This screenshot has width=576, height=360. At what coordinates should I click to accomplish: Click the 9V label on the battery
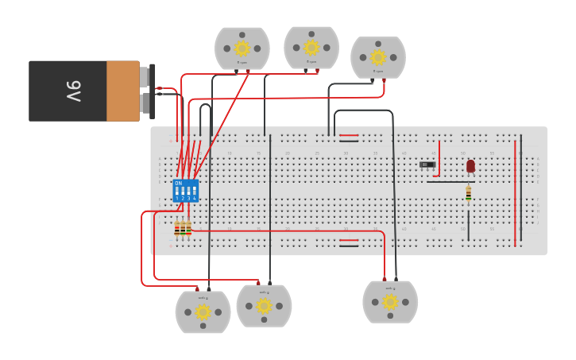click(x=72, y=91)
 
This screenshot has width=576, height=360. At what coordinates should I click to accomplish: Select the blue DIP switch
click(x=185, y=191)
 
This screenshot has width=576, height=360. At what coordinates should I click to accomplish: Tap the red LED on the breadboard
click(x=470, y=165)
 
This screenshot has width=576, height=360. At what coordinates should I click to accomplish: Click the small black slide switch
click(x=427, y=165)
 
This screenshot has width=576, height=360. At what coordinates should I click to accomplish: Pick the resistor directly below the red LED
click(x=468, y=193)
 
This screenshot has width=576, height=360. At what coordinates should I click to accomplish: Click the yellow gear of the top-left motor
click(x=242, y=48)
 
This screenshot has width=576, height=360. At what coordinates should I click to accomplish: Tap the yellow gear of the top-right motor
click(x=377, y=57)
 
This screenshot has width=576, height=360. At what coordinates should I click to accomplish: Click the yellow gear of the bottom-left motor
click(x=203, y=312)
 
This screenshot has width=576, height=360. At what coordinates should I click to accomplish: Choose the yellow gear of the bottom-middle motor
click(x=264, y=306)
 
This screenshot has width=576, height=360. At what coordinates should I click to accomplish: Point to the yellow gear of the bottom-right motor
click(x=389, y=302)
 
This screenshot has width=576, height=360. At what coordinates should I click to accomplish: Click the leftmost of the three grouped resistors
click(x=176, y=229)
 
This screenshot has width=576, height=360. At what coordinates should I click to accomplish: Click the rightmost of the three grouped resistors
click(x=188, y=229)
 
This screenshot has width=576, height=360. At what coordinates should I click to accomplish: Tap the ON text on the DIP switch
click(x=178, y=184)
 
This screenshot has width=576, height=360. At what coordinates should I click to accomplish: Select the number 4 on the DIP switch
click(x=194, y=198)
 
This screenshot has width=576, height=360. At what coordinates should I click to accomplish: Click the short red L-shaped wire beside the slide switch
click(x=438, y=159)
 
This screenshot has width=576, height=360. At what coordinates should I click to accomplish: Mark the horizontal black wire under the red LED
click(x=449, y=182)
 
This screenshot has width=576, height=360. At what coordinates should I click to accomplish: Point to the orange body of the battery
click(x=122, y=91)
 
